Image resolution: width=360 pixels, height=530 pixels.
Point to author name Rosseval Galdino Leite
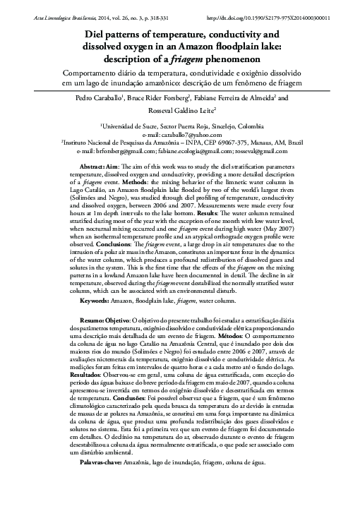click(179, 112)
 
